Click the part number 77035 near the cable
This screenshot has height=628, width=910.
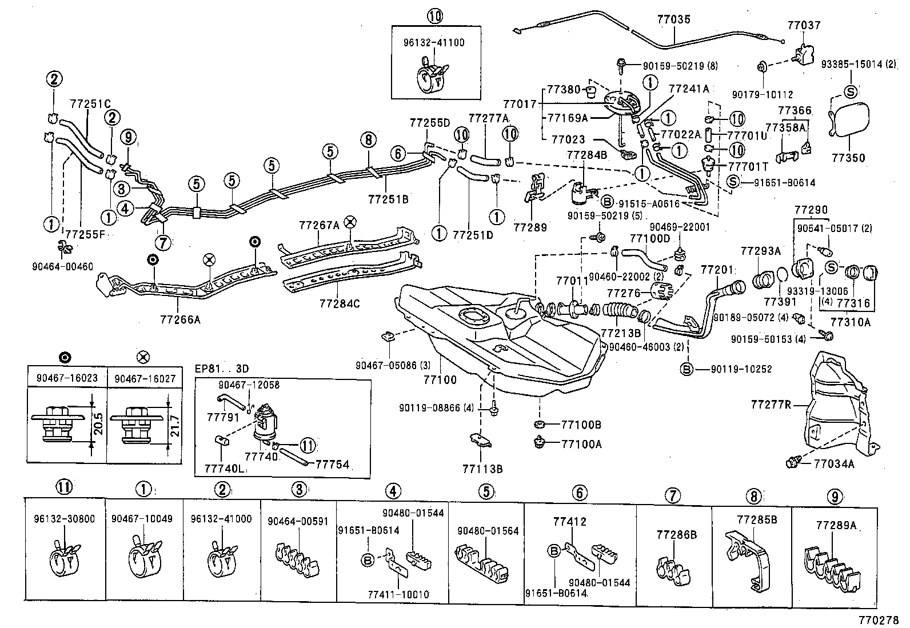(674, 20)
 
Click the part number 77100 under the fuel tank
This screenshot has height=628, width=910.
(440, 379)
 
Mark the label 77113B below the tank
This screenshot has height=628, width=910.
(482, 469)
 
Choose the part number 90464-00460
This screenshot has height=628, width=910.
(63, 266)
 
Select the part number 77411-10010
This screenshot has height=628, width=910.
(398, 594)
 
